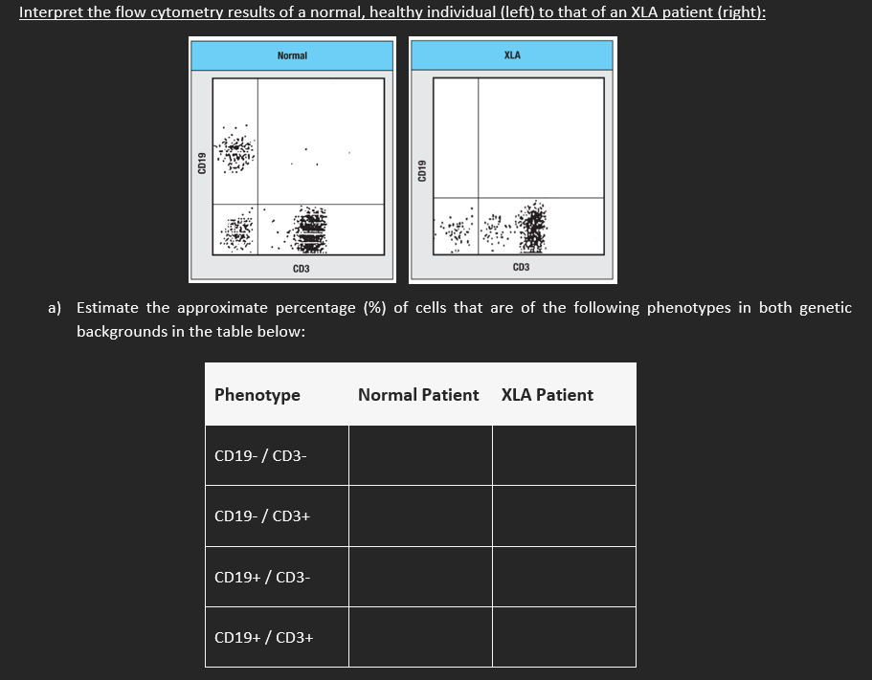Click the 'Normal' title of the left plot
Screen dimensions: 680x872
point(292,55)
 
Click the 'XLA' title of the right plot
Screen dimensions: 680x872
point(512,55)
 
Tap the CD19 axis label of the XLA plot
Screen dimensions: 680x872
point(421,171)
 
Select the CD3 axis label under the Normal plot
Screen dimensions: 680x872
point(301,269)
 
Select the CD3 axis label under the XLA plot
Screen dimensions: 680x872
point(521,268)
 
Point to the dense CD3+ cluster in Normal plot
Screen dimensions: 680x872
point(311,230)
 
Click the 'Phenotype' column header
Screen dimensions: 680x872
point(257,394)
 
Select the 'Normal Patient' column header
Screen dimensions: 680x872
point(418,394)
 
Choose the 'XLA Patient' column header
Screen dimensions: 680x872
point(547,394)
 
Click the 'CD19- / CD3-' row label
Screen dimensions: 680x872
point(260,455)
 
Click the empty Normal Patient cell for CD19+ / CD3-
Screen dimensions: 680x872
point(420,577)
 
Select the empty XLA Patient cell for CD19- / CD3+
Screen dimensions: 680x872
point(564,516)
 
